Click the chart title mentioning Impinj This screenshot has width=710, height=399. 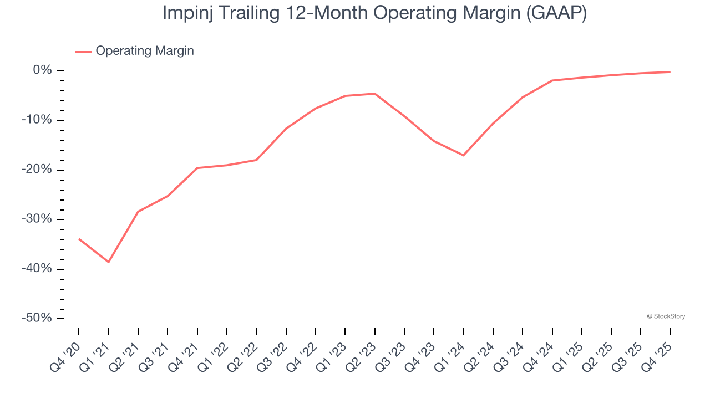tap(374, 13)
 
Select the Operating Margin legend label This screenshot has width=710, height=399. tap(145, 51)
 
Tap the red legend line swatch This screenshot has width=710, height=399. tap(83, 52)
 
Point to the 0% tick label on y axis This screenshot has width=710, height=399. tap(42, 70)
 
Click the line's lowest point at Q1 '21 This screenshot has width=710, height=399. tap(109, 262)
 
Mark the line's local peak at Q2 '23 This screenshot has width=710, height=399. tap(375, 94)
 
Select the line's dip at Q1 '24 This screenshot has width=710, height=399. tap(463, 155)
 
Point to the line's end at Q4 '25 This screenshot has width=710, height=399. tap(670, 72)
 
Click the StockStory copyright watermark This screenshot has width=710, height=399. tap(666, 316)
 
